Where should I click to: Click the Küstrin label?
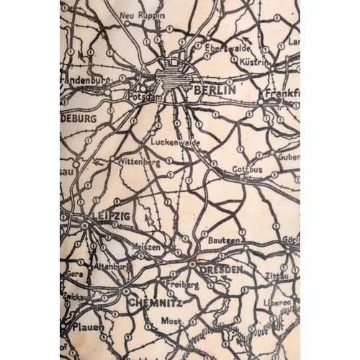(x=255, y=63)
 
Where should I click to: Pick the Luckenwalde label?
(x=176, y=143)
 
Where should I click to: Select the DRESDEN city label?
(x=222, y=269)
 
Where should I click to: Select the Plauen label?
(x=87, y=326)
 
